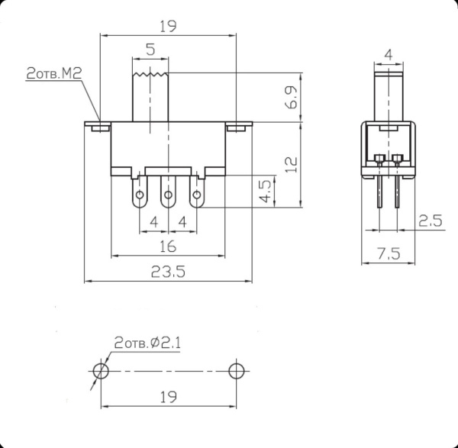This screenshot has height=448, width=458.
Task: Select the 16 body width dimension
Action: pos(169,246)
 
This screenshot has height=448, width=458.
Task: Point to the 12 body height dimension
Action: pos(289,164)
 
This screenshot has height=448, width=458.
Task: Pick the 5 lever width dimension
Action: pos(150,50)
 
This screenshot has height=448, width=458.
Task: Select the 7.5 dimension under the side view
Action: pos(389,254)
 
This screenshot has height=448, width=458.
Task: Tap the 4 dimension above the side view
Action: pos(389,54)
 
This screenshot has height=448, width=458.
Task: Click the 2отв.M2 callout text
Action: pos(53,74)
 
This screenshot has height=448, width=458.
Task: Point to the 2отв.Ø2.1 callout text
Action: pos(147,343)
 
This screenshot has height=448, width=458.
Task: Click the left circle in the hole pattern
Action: pos(101,371)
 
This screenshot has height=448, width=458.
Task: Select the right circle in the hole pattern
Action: pos(237,371)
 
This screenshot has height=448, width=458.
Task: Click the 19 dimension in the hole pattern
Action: pos(169,396)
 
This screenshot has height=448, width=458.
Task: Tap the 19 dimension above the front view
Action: pos(169,26)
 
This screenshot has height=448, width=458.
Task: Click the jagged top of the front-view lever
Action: pos(150,74)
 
